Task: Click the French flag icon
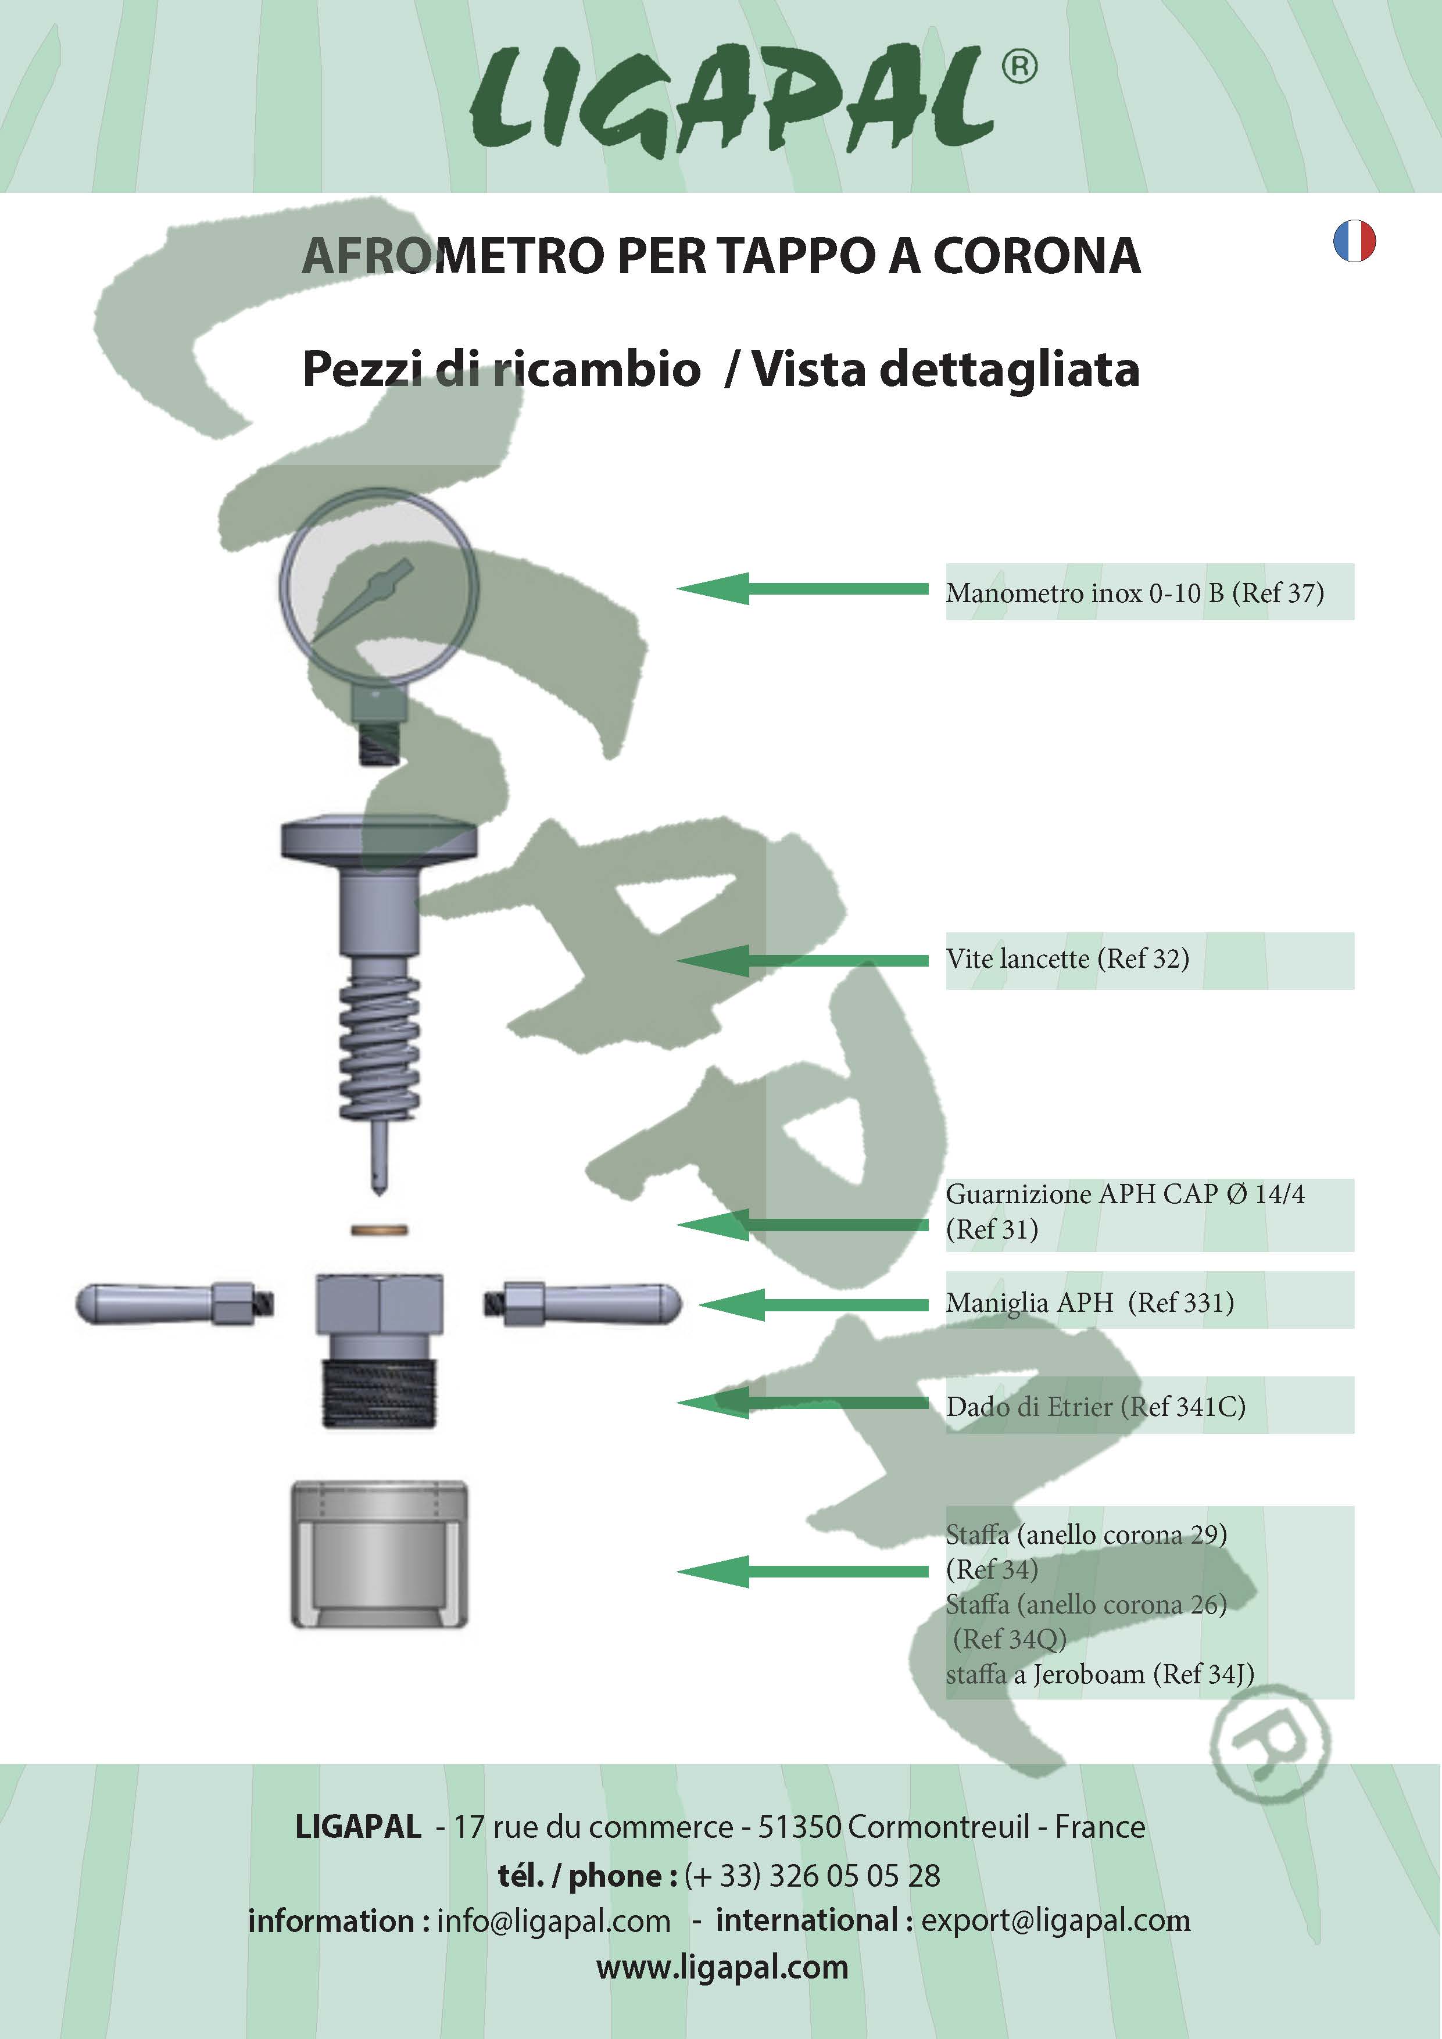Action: click(x=1354, y=242)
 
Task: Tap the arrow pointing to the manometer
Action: click(x=803, y=589)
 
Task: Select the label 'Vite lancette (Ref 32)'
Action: click(x=1067, y=959)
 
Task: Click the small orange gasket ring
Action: click(x=379, y=1230)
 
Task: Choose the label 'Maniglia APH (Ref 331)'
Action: click(x=1089, y=1303)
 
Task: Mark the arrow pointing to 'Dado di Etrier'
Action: click(x=803, y=1403)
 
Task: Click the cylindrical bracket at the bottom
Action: click(x=379, y=1554)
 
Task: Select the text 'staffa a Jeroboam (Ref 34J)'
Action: click(x=1099, y=1674)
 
